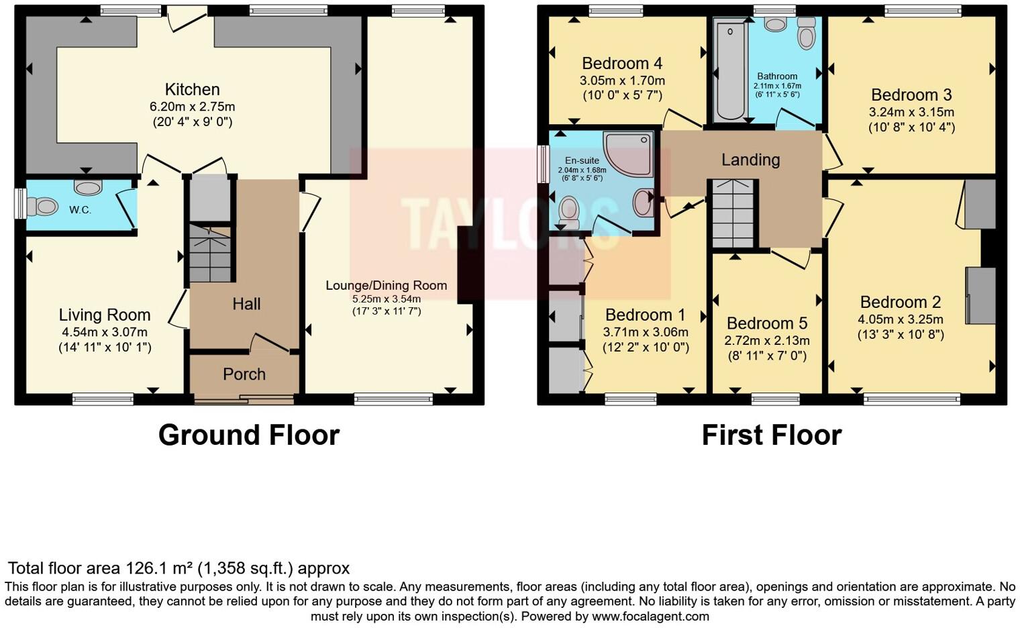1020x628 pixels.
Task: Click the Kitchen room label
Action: pyautogui.click(x=192, y=90)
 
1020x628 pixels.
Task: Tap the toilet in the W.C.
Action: pyautogui.click(x=42, y=206)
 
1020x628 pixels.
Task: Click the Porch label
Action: pyautogui.click(x=244, y=374)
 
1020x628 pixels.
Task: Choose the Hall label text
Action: pyautogui.click(x=246, y=304)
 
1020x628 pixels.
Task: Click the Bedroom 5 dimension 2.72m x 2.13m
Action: pyautogui.click(x=767, y=341)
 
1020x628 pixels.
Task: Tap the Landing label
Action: pyautogui.click(x=750, y=160)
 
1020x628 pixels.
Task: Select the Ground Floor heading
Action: pyautogui.click(x=249, y=435)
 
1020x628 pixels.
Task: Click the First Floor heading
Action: pyautogui.click(x=771, y=435)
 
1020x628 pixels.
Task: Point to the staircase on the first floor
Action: pyautogui.click(x=733, y=213)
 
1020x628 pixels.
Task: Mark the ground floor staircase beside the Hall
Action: pyautogui.click(x=210, y=254)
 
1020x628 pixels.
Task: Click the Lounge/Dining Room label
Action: pyautogui.click(x=386, y=285)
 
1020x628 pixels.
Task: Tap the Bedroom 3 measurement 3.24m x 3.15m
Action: pyautogui.click(x=911, y=112)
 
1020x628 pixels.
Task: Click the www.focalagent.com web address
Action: pyautogui.click(x=650, y=616)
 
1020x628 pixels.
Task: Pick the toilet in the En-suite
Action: pyautogui.click(x=568, y=212)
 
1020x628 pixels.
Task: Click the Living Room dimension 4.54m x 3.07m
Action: pyautogui.click(x=105, y=332)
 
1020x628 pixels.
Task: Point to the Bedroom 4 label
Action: pyautogui.click(x=622, y=64)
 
